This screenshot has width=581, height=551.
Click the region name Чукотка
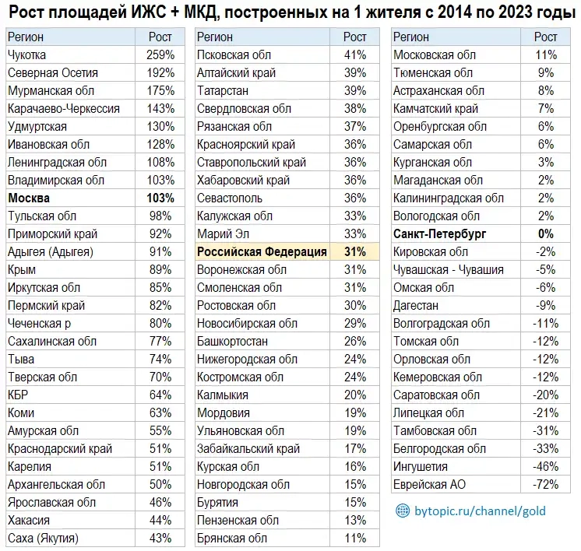[27, 55]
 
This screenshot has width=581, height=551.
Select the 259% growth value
[160, 55]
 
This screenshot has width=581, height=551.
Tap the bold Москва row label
[29, 198]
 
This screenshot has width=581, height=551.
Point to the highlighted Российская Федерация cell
[262, 251]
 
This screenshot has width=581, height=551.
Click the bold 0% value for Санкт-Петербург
[545, 233]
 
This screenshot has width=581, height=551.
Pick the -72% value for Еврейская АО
[545, 484]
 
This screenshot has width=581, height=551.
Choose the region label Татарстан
[222, 90]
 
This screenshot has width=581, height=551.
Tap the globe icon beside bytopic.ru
[402, 511]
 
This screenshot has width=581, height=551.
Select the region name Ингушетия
[421, 466]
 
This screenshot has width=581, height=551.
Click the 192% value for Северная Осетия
[160, 73]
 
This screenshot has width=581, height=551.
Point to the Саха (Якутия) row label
[44, 538]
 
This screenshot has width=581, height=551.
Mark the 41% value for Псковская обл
[355, 55]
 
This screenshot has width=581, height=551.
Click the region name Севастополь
[230, 198]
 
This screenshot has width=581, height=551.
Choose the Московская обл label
[435, 55]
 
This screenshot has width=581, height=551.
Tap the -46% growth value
[545, 466]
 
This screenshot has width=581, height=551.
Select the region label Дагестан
[417, 305]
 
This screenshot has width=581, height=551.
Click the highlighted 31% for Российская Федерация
[355, 251]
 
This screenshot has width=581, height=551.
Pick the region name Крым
[22, 269]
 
